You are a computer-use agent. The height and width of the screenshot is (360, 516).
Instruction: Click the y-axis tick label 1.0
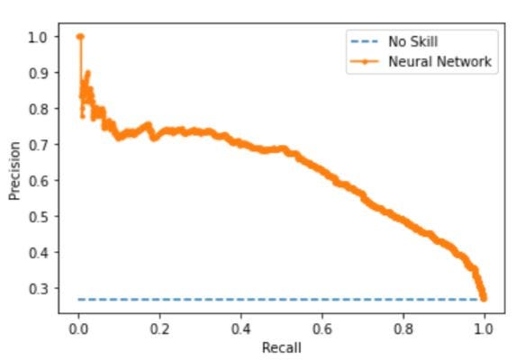coord(38,37)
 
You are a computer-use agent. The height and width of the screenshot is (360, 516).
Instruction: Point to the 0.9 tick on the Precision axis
coord(38,73)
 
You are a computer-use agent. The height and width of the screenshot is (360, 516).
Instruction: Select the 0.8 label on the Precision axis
coord(38,109)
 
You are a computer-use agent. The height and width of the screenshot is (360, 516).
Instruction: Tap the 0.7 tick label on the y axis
coord(38,145)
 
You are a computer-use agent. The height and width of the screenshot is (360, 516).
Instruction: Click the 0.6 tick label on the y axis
coord(38,181)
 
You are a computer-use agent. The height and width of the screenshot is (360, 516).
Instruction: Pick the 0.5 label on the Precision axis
coord(38,217)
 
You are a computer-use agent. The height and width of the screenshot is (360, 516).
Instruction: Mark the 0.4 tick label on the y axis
coord(38,253)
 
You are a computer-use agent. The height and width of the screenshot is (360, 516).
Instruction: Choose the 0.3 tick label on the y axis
coord(38,289)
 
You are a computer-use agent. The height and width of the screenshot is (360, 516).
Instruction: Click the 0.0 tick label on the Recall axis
coord(78,328)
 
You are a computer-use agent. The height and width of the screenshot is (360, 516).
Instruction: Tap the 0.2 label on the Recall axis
coord(159,328)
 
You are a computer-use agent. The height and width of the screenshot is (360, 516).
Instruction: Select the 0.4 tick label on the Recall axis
coord(240,328)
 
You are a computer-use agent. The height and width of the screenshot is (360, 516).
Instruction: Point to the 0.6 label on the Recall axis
coord(322,328)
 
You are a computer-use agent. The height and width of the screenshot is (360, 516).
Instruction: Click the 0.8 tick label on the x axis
coord(403,328)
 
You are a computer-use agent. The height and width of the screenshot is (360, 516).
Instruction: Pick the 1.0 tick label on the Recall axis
coord(484,328)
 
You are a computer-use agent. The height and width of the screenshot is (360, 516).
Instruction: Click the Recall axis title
coord(282,347)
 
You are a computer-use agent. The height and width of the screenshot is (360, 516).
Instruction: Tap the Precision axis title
coord(14,171)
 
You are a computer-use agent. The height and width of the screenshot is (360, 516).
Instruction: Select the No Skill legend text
coord(413,41)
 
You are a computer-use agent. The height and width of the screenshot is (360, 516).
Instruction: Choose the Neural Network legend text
coord(440,61)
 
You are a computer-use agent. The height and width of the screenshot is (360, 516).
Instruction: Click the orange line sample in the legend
coord(365,61)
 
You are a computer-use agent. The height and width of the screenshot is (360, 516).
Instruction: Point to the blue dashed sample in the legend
coord(365,41)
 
